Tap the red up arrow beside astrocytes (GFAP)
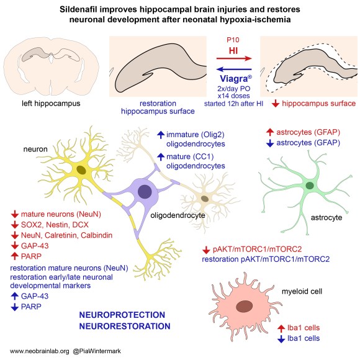click(x=269, y=132)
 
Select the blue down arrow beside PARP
click(x=15, y=306)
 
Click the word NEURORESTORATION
click(x=123, y=326)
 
